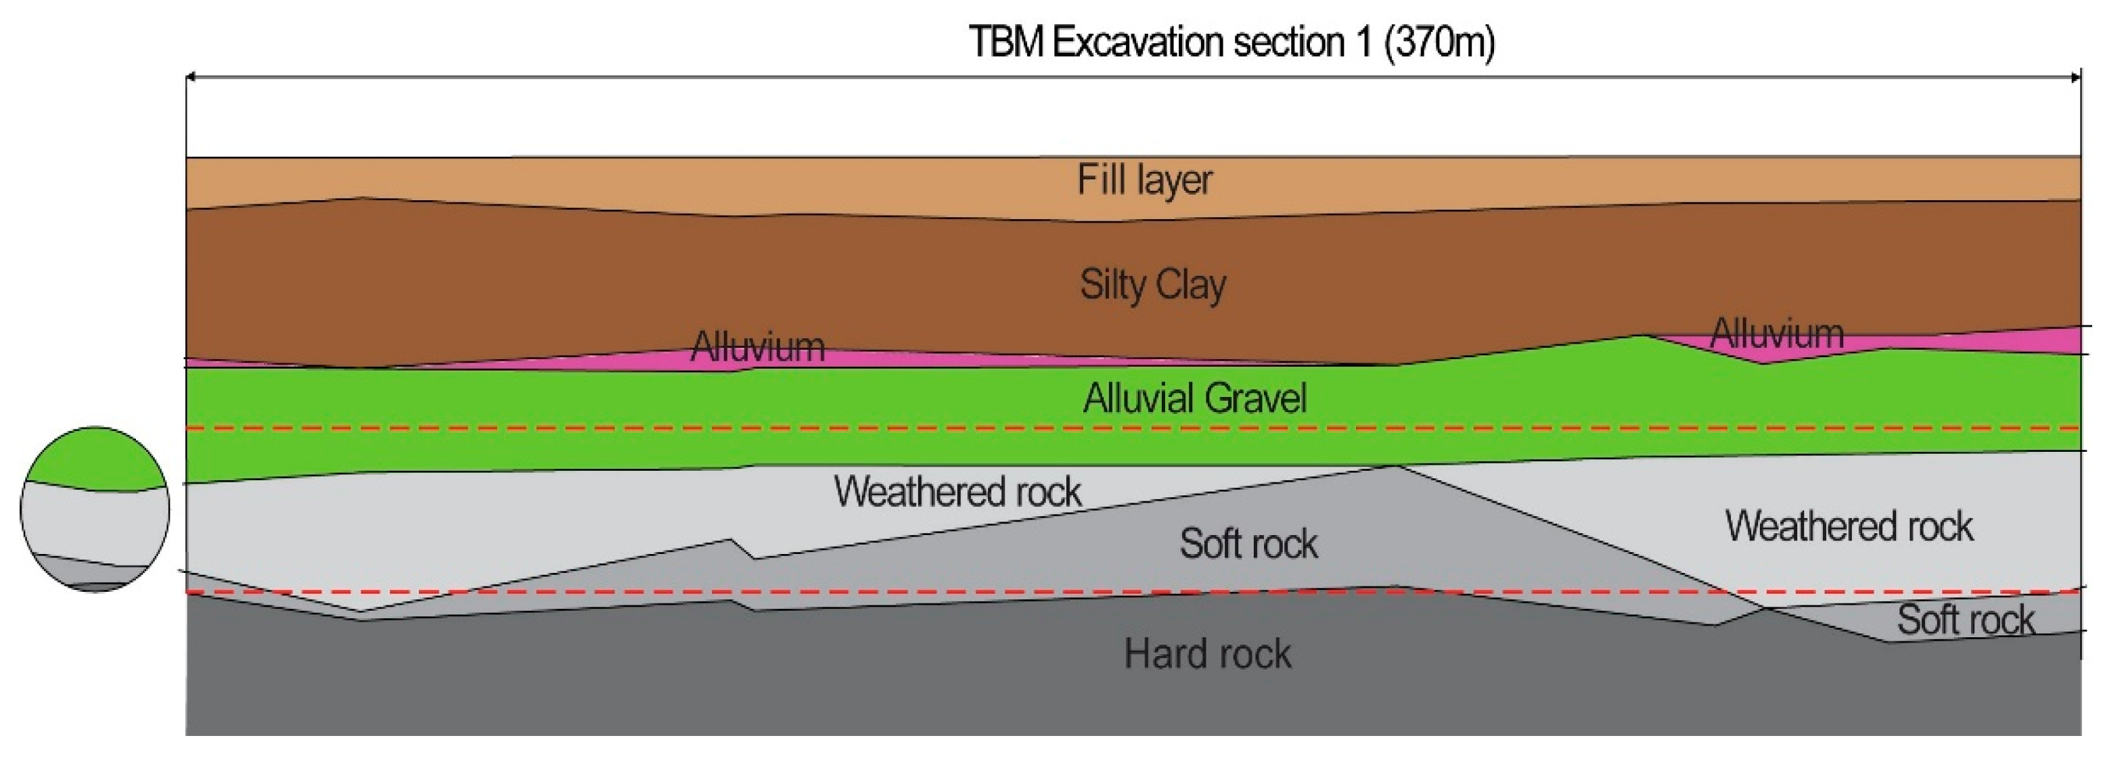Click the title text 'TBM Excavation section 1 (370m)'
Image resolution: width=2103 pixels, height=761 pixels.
(x=1231, y=42)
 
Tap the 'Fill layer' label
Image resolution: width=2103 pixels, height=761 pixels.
(x=1145, y=180)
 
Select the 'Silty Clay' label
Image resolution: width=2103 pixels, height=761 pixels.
(x=1153, y=285)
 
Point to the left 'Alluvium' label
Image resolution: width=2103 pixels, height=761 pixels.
(x=758, y=347)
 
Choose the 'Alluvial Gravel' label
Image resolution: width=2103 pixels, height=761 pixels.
(x=1194, y=398)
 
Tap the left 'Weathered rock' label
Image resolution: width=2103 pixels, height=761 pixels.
(x=957, y=492)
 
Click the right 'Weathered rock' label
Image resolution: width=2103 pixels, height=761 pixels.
(x=1849, y=526)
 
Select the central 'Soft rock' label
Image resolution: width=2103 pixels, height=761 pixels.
(x=1248, y=544)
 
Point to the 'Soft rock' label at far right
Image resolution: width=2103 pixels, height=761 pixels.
(x=1965, y=620)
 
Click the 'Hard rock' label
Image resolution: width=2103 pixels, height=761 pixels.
(x=1207, y=654)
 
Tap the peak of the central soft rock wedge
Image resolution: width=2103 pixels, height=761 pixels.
(x=1395, y=469)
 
